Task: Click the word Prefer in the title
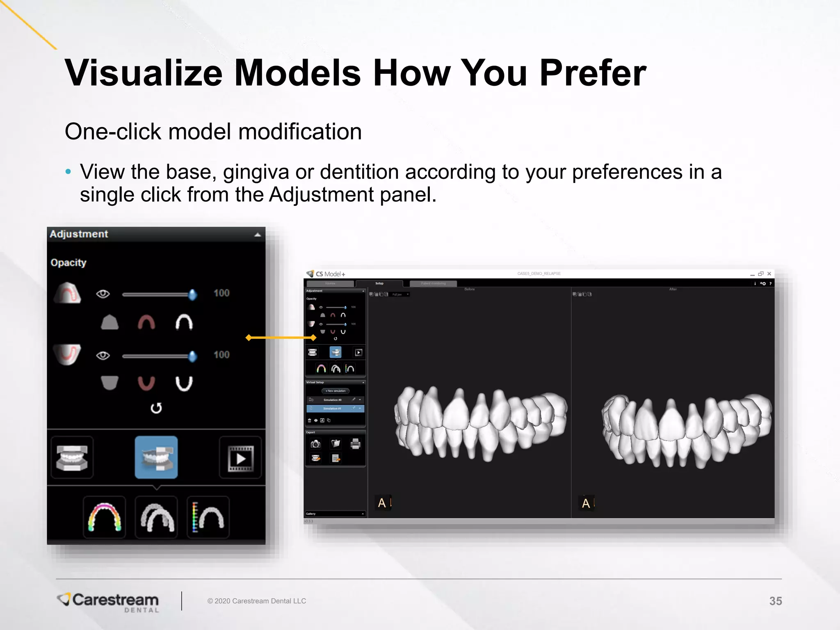[592, 73]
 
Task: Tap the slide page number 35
[775, 601]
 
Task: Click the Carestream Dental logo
[109, 602]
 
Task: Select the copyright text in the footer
[257, 601]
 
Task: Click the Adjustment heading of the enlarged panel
[79, 234]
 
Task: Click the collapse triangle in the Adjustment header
[258, 235]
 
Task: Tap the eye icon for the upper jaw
[103, 294]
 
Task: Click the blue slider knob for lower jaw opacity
[192, 356]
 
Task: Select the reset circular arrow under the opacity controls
[156, 408]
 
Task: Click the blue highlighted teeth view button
[156, 457]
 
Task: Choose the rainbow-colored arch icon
[105, 517]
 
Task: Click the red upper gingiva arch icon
[146, 322]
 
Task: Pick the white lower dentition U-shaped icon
[184, 383]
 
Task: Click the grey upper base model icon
[110, 322]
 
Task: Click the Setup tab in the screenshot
[379, 283]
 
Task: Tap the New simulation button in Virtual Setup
[336, 391]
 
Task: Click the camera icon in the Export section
[315, 444]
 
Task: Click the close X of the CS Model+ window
[769, 274]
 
